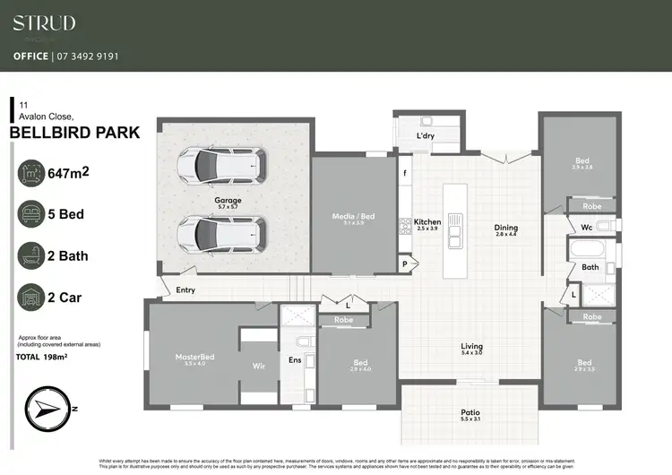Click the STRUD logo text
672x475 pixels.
point(44,23)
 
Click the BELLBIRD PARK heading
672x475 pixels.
point(73,133)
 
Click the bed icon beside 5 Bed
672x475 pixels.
point(33,214)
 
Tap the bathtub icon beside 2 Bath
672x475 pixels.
point(33,255)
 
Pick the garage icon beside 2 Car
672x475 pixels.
point(33,296)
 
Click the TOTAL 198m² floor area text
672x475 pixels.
point(44,356)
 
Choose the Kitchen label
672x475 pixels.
point(427,221)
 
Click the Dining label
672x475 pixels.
point(506,228)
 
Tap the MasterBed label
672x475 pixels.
point(194,357)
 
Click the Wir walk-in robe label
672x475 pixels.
point(258,367)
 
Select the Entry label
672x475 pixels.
point(185,290)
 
